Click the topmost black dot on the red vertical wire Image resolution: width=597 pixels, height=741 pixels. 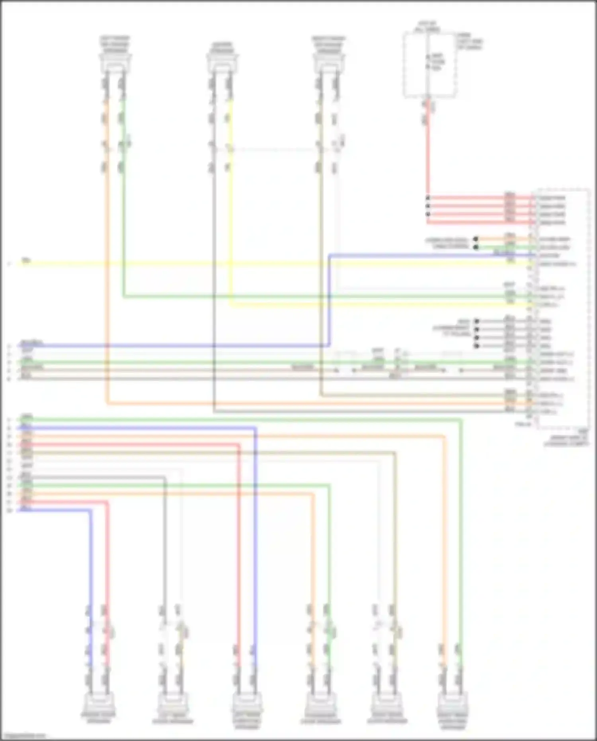point(428,198)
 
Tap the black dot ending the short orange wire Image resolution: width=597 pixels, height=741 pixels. point(476,239)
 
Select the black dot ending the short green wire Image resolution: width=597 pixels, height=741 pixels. point(476,247)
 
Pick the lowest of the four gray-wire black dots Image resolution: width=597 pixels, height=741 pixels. point(476,346)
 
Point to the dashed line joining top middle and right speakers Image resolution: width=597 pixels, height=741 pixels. point(275,150)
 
